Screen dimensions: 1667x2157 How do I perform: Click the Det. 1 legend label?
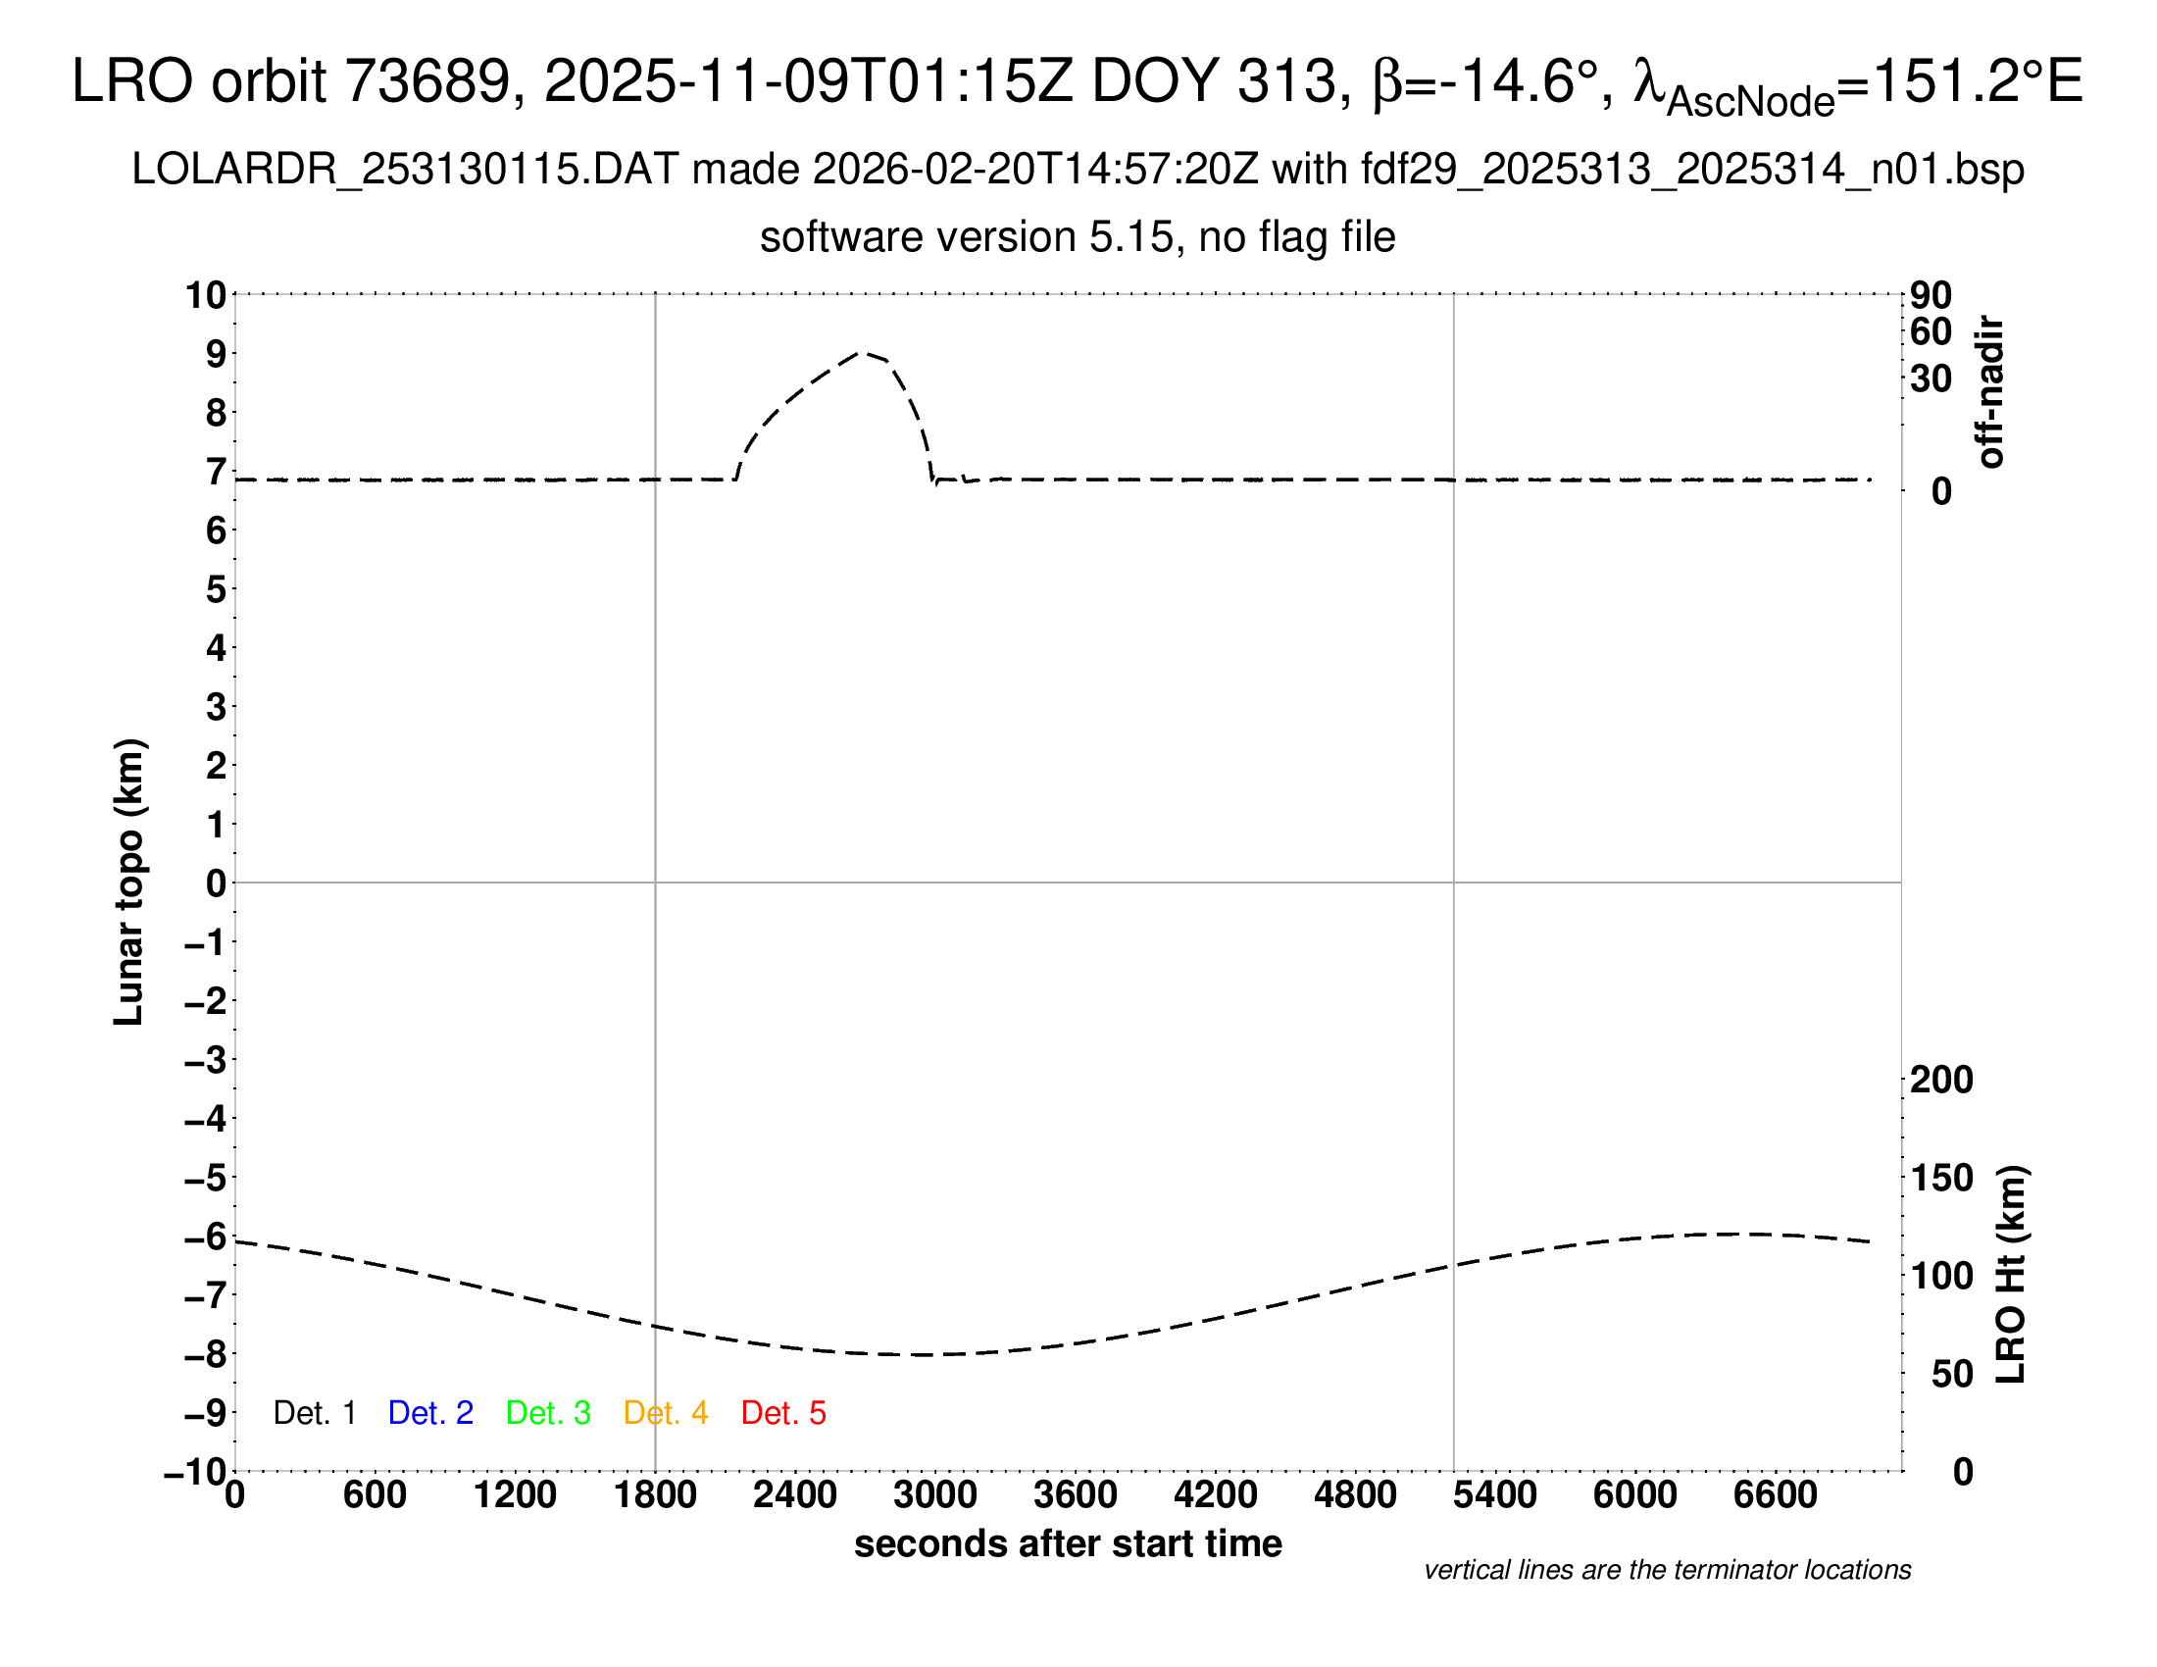pyautogui.click(x=314, y=1413)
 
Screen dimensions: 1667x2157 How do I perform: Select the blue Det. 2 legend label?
pyautogui.click(x=430, y=1413)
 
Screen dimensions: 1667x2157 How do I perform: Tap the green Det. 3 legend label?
pyautogui.click(x=548, y=1413)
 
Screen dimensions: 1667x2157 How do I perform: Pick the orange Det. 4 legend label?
pyautogui.click(x=666, y=1413)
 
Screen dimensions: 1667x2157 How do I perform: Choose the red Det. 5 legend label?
pyautogui.click(x=783, y=1413)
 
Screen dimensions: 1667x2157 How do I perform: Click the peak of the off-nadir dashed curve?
pyautogui.click(x=861, y=353)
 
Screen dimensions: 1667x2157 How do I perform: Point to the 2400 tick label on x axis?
pyautogui.click(x=795, y=1495)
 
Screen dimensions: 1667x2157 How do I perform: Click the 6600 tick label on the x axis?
pyautogui.click(x=1775, y=1495)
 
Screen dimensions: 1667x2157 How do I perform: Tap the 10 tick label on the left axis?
pyautogui.click(x=207, y=294)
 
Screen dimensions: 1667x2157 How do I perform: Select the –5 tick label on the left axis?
pyautogui.click(x=206, y=1178)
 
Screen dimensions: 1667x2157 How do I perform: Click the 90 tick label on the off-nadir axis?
pyautogui.click(x=1931, y=294)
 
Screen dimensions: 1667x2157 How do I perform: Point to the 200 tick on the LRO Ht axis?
pyautogui.click(x=1940, y=1080)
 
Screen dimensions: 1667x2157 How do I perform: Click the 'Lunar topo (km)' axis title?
pyautogui.click(x=129, y=882)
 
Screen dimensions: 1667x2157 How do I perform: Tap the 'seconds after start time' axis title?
pyautogui.click(x=1068, y=1543)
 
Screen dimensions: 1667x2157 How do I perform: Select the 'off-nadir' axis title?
pyautogui.click(x=1990, y=392)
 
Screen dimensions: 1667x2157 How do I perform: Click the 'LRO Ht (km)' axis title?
pyautogui.click(x=2010, y=1275)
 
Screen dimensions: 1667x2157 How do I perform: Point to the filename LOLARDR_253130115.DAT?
pyautogui.click(x=405, y=170)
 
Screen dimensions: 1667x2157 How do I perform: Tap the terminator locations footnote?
pyautogui.click(x=1667, y=1570)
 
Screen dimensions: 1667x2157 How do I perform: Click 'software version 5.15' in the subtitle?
pyautogui.click(x=967, y=237)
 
